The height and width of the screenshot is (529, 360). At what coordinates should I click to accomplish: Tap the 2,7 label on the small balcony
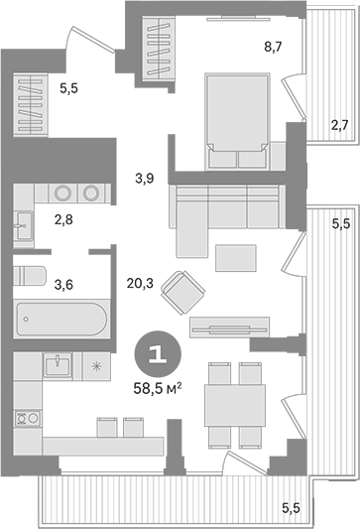pyautogui.click(x=338, y=125)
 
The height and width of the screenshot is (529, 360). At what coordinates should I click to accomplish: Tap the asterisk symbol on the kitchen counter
pyautogui.click(x=95, y=366)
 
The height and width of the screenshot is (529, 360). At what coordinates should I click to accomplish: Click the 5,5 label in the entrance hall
pyautogui.click(x=67, y=88)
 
